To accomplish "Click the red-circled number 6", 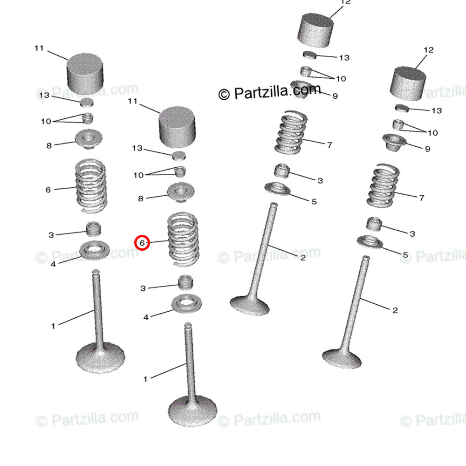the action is click(142, 243).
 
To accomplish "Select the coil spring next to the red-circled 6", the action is click(183, 239).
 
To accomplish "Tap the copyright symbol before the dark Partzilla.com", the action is click(224, 95).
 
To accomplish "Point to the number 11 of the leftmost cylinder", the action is click(39, 48).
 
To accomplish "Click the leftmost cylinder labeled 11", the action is click(85, 74).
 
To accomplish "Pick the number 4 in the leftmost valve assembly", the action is click(53, 264).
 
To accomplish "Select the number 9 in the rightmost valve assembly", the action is click(427, 149).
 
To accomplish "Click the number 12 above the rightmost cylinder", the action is click(429, 50).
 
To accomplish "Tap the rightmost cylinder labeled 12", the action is click(408, 84).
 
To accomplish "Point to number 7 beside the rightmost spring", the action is click(421, 198).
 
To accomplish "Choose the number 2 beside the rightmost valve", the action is click(395, 310).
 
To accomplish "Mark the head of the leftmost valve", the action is click(101, 357).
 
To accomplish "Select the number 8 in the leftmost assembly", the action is click(49, 145).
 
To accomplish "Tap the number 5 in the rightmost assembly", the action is click(405, 255).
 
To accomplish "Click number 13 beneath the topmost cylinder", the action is click(344, 58).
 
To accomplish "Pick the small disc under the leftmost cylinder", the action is click(87, 103).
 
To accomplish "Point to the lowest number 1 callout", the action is click(145, 379).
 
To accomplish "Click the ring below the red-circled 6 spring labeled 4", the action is click(187, 304).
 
